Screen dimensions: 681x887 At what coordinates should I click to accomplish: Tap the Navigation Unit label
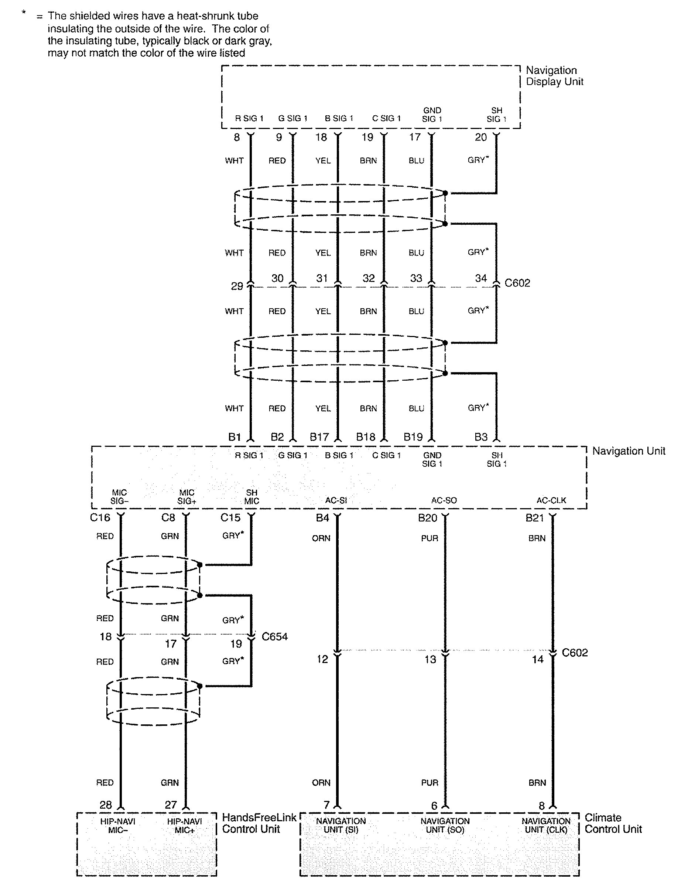628,451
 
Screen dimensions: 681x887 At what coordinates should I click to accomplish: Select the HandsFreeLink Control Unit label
259,823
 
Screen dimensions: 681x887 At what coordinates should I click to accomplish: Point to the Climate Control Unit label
613,823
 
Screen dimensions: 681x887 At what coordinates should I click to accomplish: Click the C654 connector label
274,636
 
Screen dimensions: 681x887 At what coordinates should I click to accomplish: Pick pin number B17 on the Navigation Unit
319,437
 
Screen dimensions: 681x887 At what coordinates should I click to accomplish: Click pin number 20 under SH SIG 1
481,137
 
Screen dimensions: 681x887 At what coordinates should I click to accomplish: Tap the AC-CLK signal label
551,500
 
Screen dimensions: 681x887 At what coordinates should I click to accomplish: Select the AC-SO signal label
444,500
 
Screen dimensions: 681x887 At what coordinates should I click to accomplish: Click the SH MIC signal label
251,497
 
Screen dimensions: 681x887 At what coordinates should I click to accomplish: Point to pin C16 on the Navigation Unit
100,517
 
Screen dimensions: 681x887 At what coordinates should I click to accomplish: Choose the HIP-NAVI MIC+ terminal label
184,826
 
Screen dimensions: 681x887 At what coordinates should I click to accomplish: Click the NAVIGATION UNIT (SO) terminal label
445,825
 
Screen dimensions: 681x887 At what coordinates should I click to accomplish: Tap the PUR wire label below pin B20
430,538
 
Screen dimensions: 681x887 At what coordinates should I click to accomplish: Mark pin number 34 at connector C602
481,278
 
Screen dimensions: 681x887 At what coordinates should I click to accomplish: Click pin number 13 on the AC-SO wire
430,659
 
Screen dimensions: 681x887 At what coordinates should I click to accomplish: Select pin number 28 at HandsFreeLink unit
106,805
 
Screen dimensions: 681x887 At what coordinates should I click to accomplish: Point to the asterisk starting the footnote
24,13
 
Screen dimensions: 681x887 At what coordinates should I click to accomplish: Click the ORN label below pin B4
321,538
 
